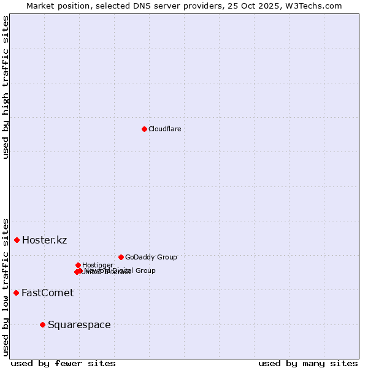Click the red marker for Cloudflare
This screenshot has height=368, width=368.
click(144, 129)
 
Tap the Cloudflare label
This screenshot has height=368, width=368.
click(164, 129)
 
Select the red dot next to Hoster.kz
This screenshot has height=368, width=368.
click(17, 240)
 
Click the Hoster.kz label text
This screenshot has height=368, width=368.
click(44, 240)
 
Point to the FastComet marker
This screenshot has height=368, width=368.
click(16, 293)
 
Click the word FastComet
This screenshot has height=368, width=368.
click(47, 293)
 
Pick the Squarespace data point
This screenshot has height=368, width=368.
click(42, 324)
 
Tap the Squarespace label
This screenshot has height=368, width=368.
click(79, 324)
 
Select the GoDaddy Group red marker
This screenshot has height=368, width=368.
click(121, 257)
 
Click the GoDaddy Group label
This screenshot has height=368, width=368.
click(151, 257)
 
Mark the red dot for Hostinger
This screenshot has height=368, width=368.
click(78, 265)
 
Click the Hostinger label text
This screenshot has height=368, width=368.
click(98, 265)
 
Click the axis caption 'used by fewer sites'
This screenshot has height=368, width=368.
click(63, 363)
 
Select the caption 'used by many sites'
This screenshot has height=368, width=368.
click(308, 363)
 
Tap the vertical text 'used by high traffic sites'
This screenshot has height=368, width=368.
click(6, 87)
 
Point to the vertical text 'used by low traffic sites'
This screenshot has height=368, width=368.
click(6, 286)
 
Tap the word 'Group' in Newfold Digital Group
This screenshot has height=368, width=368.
click(145, 270)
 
